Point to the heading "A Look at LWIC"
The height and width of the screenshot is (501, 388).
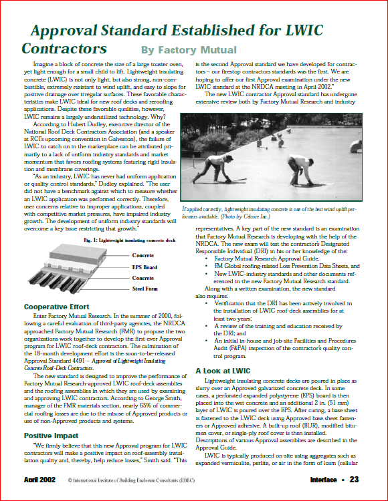(223, 370)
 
